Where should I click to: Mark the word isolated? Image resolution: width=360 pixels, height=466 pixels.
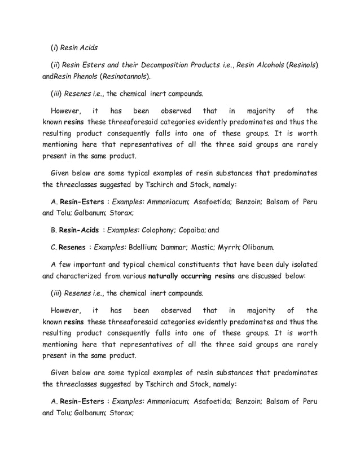pos(301,264)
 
